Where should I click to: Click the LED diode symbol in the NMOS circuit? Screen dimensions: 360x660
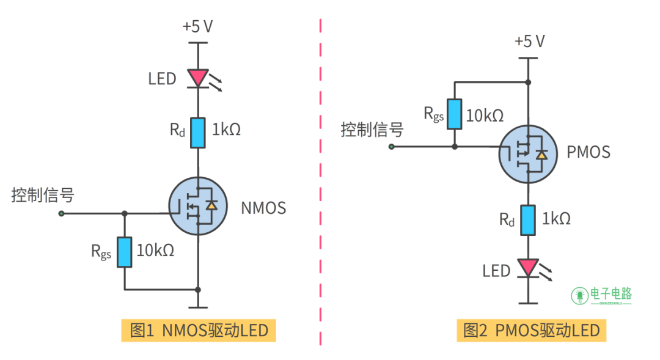tap(198, 78)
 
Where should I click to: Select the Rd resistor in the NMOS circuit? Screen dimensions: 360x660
tap(198, 133)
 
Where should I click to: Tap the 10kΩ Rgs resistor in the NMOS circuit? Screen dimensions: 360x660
tap(125, 252)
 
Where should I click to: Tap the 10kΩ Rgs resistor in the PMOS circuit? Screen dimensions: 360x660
tap(454, 114)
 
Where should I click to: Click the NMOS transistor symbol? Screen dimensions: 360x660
tap(197, 207)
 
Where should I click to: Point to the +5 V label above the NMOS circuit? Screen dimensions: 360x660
tap(197, 27)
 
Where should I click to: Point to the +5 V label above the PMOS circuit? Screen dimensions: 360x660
tap(529, 42)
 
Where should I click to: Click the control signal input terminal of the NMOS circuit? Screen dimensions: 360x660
tap(62, 213)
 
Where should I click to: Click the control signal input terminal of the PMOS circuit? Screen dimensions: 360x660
tap(392, 147)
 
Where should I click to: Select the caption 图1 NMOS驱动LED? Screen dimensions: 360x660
tap(199, 331)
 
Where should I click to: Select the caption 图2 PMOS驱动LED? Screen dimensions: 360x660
tap(531, 331)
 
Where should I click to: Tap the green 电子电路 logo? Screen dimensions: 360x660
tap(603, 295)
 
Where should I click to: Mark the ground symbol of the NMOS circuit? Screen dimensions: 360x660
tap(197, 307)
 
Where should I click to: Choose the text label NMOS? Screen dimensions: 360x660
tap(263, 208)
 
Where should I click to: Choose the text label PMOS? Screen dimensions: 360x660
tap(588, 152)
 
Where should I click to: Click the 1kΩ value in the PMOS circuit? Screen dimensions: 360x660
tap(557, 219)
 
